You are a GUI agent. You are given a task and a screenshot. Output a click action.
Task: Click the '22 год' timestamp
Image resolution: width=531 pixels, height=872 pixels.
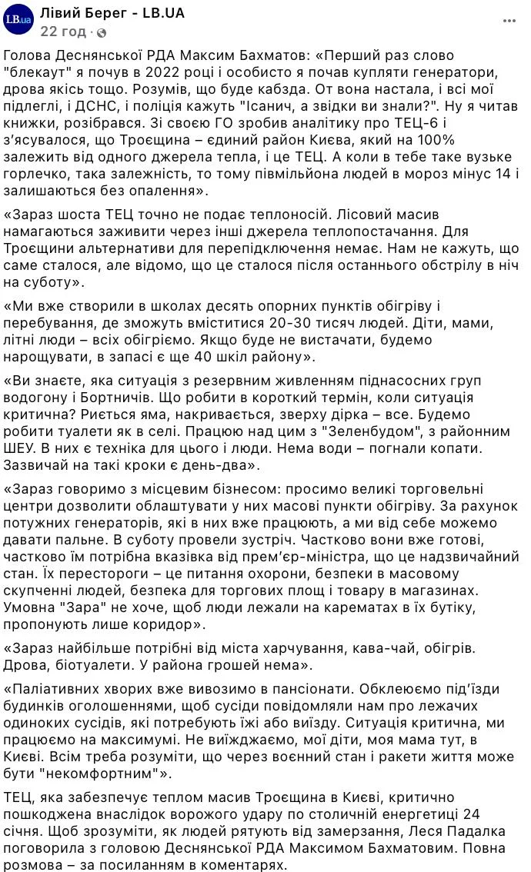(x=62, y=32)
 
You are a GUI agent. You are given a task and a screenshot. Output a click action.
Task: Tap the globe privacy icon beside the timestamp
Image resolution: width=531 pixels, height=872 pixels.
(x=102, y=32)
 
